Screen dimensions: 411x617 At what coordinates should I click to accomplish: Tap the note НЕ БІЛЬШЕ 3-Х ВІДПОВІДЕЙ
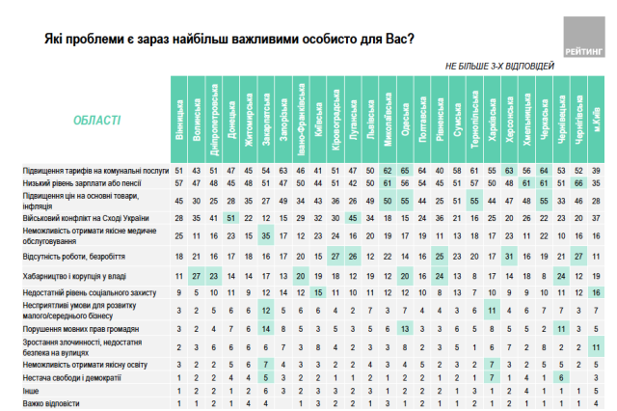pos(499,66)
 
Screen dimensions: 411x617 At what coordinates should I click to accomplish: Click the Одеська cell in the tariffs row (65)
pos(408,171)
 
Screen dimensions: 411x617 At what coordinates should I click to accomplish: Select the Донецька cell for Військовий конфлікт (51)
pos(230,218)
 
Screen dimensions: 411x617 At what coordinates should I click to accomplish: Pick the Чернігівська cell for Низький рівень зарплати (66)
pos(580,183)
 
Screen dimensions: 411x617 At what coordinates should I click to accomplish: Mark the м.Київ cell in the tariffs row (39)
pos(598,171)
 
